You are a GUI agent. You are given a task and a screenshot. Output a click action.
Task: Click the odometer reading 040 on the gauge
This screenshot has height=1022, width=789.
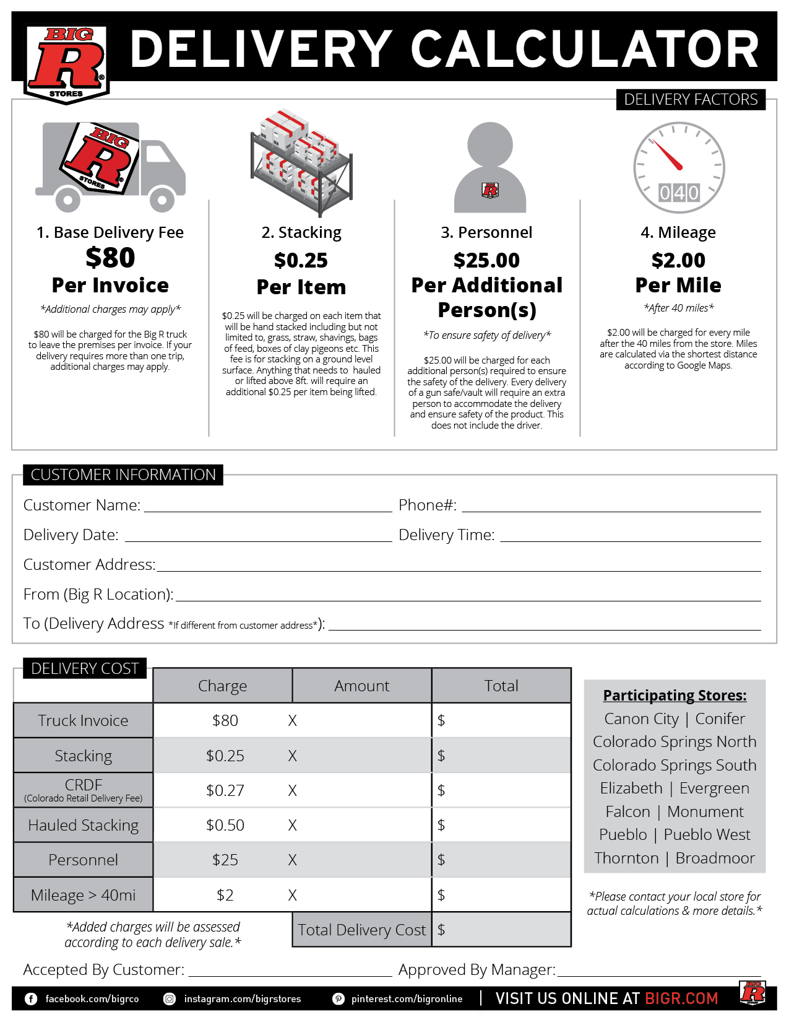coord(679,193)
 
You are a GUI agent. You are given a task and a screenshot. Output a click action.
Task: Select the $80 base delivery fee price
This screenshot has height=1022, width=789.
coord(110,258)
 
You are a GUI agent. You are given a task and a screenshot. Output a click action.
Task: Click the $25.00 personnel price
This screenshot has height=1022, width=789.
coord(486,260)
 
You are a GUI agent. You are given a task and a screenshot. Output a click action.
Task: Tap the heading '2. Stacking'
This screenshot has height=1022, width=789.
coord(301,232)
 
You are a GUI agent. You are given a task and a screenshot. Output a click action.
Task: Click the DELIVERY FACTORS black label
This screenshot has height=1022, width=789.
coord(691,99)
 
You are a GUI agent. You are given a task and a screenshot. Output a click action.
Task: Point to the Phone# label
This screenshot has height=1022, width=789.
coord(428,505)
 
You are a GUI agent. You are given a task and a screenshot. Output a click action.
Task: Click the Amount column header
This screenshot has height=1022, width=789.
coord(362,686)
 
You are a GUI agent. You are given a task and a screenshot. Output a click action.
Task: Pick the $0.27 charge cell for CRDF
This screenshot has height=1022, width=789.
coord(225,790)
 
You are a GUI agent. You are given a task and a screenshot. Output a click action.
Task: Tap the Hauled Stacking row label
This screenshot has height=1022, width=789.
coord(84,825)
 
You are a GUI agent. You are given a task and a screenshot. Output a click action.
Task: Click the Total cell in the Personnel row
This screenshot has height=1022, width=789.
coord(501,860)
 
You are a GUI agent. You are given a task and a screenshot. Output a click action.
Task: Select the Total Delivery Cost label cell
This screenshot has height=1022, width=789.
coord(362,930)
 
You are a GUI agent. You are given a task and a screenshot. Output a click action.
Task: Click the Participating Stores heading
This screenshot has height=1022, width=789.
coord(675,696)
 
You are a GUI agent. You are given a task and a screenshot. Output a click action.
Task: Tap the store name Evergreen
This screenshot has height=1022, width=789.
coord(714,788)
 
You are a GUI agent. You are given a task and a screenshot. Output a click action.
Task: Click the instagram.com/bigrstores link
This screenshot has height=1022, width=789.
coord(242,998)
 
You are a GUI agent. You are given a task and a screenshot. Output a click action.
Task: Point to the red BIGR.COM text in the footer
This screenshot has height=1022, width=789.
coord(681,998)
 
